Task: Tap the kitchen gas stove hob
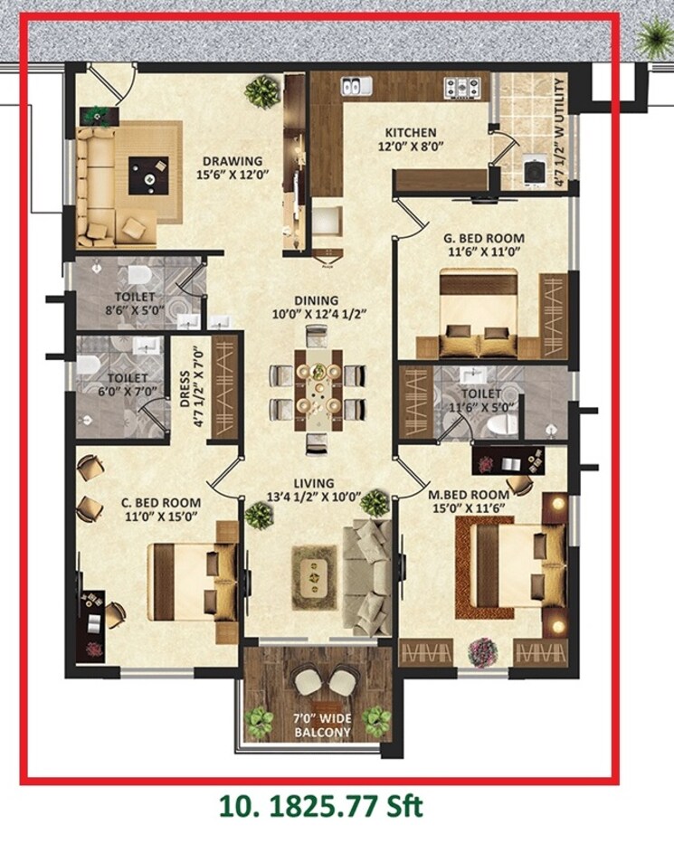point(462,88)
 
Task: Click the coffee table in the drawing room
point(148,174)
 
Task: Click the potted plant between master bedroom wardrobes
point(481,650)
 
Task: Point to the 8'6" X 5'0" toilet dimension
point(134,309)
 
